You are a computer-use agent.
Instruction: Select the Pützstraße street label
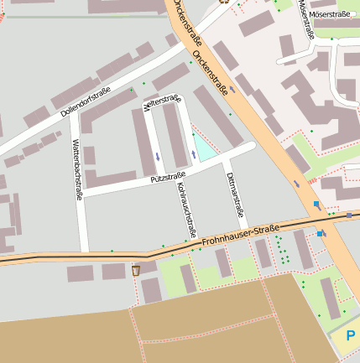pos(168,177)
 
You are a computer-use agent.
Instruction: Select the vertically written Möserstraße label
pos(306,18)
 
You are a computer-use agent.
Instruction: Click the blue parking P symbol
pos(350,336)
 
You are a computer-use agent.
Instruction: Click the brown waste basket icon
pos(136,271)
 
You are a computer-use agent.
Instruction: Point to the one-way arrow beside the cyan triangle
pos(194,155)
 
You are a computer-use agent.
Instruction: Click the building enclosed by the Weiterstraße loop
pos(175,134)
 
